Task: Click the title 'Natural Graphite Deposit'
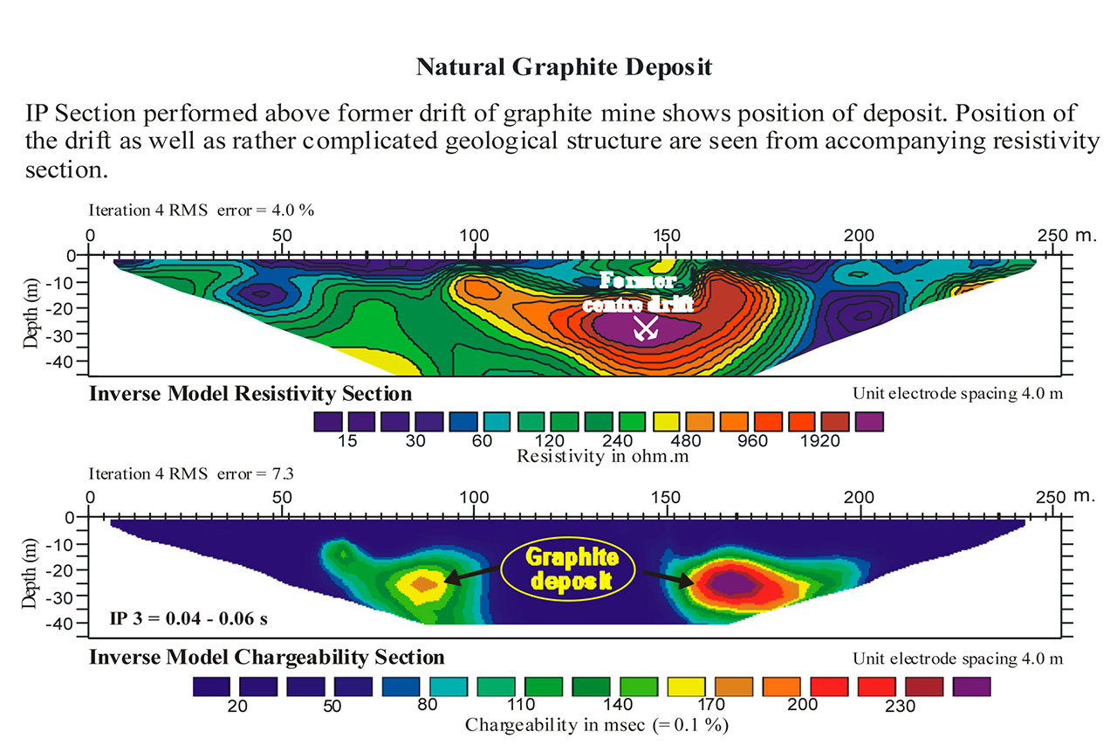(564, 67)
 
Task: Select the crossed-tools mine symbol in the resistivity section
(644, 328)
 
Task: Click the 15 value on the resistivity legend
(347, 441)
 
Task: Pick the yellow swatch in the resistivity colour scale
(666, 422)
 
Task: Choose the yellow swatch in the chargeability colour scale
(686, 686)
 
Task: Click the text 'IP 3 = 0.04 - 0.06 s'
(188, 620)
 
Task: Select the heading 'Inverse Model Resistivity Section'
(250, 394)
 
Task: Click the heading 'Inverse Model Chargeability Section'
(267, 657)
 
